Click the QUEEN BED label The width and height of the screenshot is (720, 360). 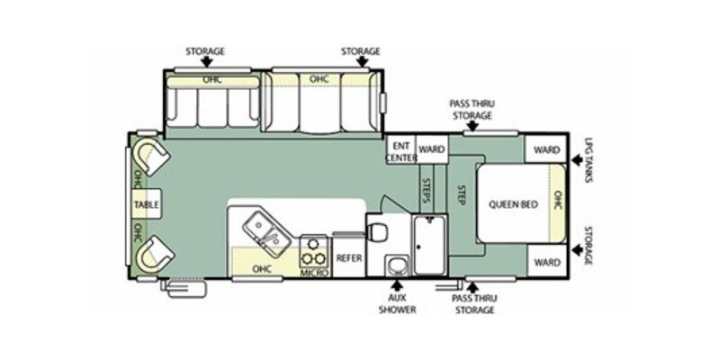pos(513,204)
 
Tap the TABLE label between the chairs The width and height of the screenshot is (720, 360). pos(146,205)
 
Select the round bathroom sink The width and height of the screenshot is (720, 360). pos(395,265)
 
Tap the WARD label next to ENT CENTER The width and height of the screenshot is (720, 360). pos(432,148)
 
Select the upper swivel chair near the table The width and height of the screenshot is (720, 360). pos(152,158)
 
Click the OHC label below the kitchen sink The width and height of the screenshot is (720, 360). pos(261,268)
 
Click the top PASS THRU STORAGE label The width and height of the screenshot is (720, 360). pos(472,110)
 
